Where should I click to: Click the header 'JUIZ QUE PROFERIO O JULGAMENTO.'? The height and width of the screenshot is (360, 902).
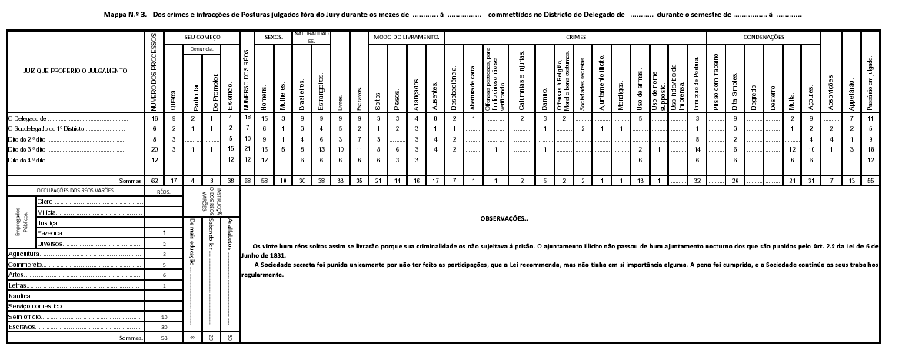click(68, 72)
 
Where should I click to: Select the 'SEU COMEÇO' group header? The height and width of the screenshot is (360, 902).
click(202, 37)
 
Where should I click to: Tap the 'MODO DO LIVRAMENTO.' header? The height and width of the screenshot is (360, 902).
click(407, 37)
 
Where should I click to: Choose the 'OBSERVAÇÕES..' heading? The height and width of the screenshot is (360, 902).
click(504, 218)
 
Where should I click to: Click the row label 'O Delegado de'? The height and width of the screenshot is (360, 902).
click(28, 119)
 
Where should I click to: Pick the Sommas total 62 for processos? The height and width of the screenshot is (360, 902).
click(155, 180)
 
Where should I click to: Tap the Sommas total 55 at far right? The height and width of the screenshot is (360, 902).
click(869, 180)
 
